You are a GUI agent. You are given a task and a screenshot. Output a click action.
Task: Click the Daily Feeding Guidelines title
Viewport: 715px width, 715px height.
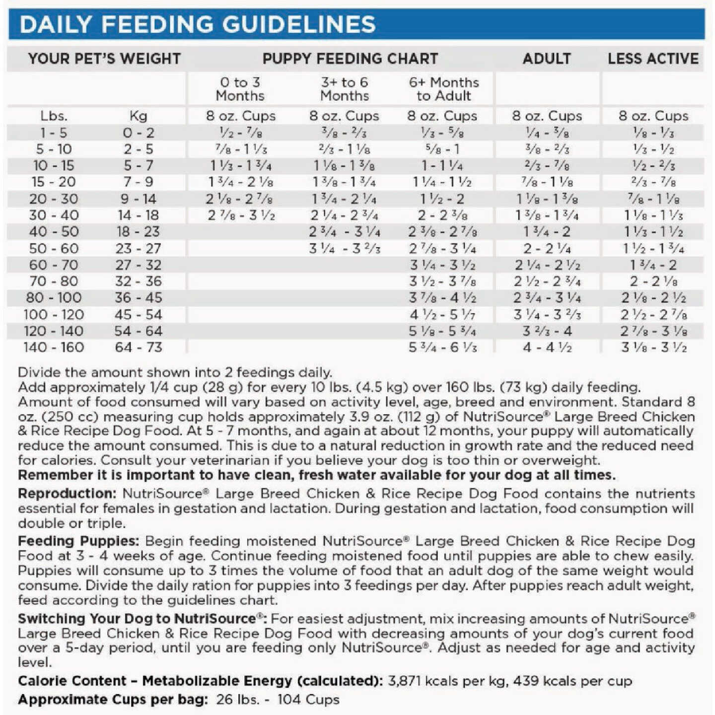coord(197,24)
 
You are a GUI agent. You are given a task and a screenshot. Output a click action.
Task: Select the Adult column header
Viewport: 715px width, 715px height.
coord(546,59)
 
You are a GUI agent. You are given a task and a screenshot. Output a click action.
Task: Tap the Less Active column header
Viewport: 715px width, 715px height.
coord(653,59)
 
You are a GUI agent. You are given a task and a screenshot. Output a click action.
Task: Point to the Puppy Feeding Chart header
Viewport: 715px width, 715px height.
coord(350,59)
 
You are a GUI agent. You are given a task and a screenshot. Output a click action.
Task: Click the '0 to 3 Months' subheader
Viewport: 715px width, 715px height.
coord(240,89)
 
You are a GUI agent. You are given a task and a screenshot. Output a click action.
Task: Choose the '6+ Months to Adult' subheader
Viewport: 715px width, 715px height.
coord(443,89)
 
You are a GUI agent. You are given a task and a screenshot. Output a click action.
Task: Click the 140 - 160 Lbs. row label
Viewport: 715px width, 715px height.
coord(54,347)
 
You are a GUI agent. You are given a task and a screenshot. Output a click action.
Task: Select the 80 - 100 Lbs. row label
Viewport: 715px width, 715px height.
coord(54,298)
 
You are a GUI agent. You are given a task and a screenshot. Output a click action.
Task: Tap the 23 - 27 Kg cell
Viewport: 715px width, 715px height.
coord(139,248)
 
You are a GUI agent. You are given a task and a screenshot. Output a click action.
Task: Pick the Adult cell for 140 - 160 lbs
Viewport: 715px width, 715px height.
coord(547,347)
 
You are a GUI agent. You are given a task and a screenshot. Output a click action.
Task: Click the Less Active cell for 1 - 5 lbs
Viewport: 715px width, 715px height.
coord(653,133)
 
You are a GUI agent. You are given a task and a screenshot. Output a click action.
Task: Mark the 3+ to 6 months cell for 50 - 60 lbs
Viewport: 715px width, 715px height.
coord(345,248)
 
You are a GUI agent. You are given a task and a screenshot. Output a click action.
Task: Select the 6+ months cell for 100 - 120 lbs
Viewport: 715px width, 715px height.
coord(443,315)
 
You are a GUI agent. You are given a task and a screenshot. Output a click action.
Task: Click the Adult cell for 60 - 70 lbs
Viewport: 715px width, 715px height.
coord(547,265)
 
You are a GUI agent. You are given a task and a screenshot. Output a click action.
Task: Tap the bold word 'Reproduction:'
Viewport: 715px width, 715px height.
coord(67,494)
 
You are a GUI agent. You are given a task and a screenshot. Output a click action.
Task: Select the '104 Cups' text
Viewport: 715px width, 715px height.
coord(308,700)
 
